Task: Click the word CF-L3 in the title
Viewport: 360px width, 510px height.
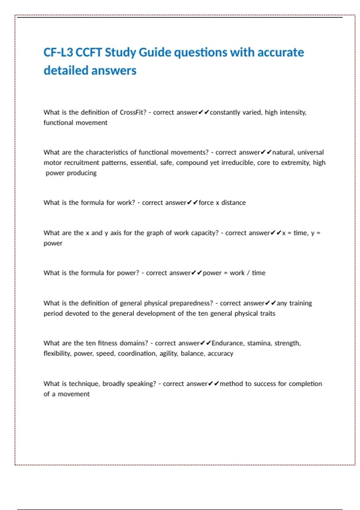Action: click(58, 52)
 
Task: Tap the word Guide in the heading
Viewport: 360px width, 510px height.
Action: click(155, 52)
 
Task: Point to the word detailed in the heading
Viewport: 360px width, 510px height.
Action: click(66, 70)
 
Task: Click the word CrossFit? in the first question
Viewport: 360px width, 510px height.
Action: click(133, 112)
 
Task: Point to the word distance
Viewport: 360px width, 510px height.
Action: click(233, 203)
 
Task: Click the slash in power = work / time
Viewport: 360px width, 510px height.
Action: click(248, 273)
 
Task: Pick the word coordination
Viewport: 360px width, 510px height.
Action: click(137, 353)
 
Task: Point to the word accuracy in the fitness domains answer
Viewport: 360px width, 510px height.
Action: click(220, 353)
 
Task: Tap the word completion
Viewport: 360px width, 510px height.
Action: click(305, 384)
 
